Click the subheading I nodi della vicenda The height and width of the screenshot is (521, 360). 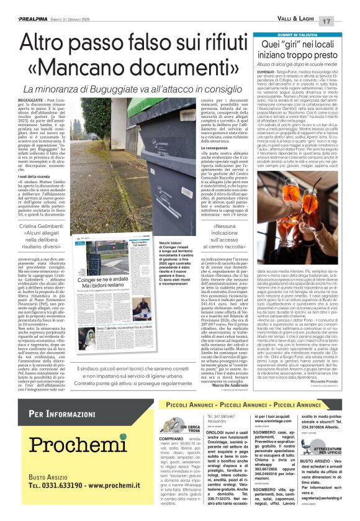(x=34, y=177)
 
